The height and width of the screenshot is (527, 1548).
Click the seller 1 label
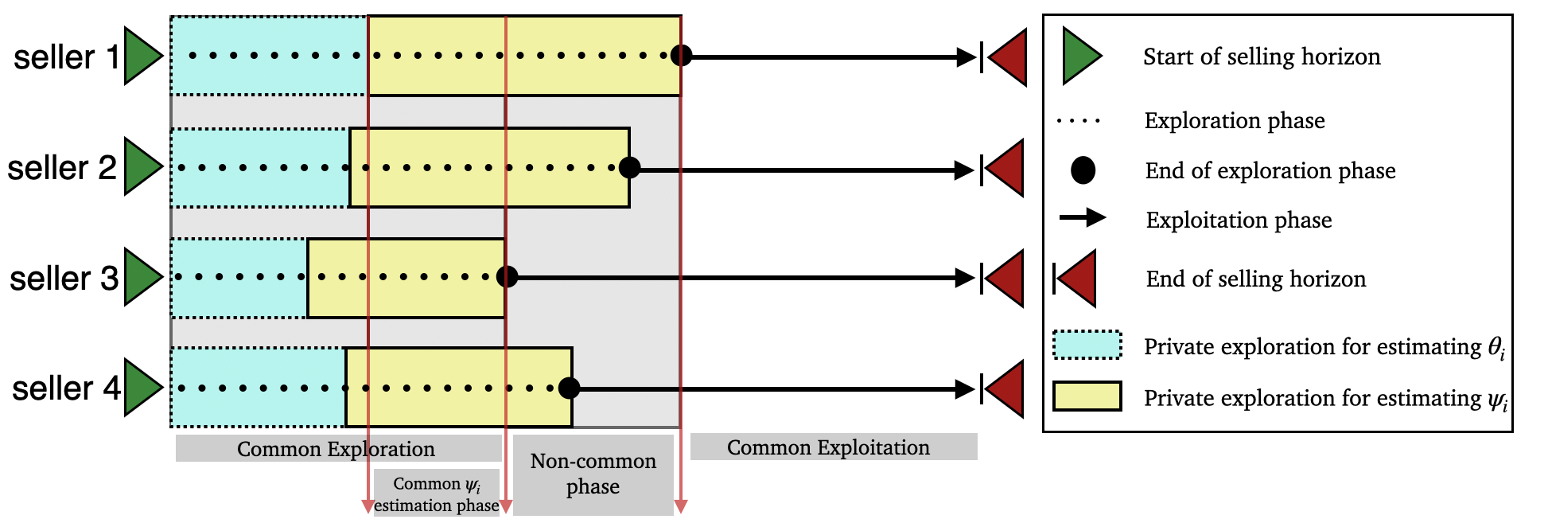tap(66, 57)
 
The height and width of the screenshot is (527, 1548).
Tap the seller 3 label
tap(64, 279)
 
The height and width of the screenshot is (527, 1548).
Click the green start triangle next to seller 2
tap(142, 167)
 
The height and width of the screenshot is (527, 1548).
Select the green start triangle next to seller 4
tap(142, 388)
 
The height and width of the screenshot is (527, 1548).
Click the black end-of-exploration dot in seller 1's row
tap(681, 56)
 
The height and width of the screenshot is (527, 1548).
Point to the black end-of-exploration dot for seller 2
tap(629, 168)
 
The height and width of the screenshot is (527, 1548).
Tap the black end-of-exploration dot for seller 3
tap(507, 277)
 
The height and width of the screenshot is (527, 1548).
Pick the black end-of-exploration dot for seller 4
tap(569, 388)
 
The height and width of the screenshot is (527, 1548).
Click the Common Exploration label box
tap(337, 448)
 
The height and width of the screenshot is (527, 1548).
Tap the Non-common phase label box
tap(593, 474)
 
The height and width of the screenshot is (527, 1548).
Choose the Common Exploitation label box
tap(832, 447)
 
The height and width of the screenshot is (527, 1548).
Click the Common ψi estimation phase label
tap(437, 494)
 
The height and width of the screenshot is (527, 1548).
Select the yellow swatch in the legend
tap(1087, 396)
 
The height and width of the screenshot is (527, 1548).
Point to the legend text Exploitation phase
tap(1239, 220)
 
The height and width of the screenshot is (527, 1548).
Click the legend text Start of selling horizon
tap(1262, 57)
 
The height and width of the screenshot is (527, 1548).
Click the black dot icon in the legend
tap(1083, 170)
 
